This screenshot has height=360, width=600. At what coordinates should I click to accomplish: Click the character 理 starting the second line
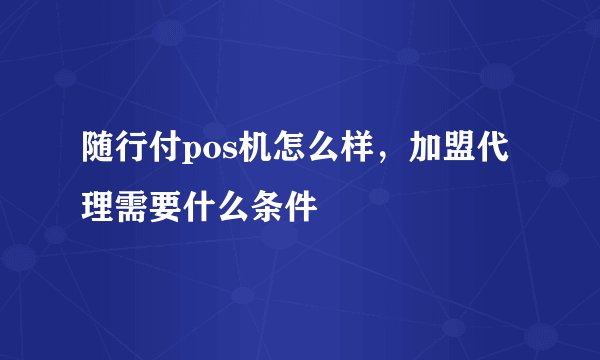(98, 207)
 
